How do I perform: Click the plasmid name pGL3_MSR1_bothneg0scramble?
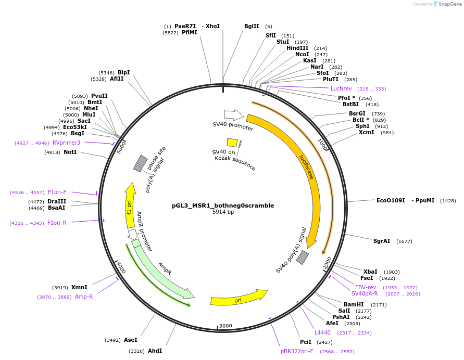[x=223, y=205]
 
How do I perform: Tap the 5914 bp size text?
[x=223, y=212]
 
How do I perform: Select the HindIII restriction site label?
[x=297, y=48]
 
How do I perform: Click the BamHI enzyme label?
[x=354, y=304]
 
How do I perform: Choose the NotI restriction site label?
[x=70, y=152]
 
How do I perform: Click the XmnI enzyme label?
[x=79, y=288]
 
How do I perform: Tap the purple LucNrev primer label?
[x=341, y=88]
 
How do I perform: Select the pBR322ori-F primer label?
[x=297, y=352]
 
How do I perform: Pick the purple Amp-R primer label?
[x=84, y=297]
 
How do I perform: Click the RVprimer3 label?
[x=67, y=143]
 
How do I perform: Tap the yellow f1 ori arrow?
[x=130, y=205]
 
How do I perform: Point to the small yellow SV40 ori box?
[x=232, y=143]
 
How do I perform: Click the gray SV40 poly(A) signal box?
[x=302, y=258]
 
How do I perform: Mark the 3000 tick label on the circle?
[x=225, y=326]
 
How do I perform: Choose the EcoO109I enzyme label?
[x=391, y=200]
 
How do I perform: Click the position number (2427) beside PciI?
[x=324, y=342]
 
